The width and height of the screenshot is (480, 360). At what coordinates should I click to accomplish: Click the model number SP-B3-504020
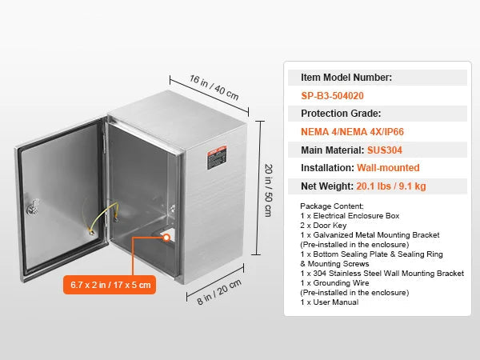point(332,96)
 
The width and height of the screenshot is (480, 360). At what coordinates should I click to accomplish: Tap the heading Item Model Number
point(346,78)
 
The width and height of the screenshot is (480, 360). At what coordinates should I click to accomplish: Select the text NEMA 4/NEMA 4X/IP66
point(352,132)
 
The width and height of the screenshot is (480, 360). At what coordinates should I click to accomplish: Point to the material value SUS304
point(385,150)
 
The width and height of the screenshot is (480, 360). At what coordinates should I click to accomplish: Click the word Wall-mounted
point(388,168)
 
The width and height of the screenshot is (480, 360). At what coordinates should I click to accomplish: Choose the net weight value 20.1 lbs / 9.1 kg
point(391,186)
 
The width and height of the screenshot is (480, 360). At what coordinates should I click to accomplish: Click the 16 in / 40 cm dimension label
point(214,87)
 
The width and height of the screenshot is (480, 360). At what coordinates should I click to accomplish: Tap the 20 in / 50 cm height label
point(268,190)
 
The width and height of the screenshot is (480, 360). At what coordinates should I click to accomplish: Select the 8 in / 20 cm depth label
point(219,292)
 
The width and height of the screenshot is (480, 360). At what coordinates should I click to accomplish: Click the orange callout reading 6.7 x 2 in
point(110,285)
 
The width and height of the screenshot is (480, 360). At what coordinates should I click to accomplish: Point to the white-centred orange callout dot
point(166,238)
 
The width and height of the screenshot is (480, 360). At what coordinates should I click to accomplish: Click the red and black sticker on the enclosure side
point(217,158)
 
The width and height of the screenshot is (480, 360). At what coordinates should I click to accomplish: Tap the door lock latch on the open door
point(33,207)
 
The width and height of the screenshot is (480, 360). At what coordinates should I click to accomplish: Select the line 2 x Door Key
point(323,226)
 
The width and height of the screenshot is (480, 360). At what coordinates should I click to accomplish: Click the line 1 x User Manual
point(330,302)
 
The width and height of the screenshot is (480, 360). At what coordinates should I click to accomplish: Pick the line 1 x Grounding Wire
point(334,283)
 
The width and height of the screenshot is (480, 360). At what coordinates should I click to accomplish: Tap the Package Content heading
point(332,206)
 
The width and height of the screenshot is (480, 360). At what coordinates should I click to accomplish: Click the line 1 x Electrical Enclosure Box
point(350,216)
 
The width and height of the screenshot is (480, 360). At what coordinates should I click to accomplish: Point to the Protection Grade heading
point(341,114)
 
